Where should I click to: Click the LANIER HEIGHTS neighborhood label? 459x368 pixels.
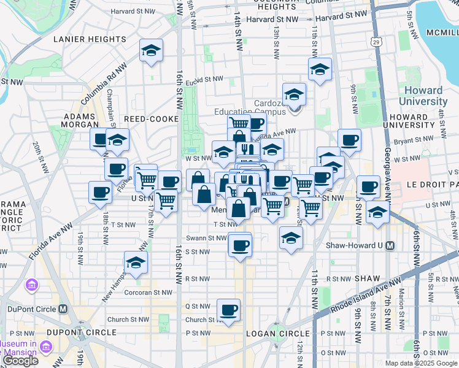tap(90, 39)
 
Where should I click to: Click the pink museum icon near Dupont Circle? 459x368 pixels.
tap(31, 285)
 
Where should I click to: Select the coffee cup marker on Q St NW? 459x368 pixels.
tap(229, 310)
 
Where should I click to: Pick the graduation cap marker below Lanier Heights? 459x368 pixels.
tap(150, 52)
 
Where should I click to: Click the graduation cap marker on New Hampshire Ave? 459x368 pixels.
tap(136, 263)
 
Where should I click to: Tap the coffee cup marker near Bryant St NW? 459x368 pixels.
tap(349, 140)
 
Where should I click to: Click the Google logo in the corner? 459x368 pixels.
tap(20, 361)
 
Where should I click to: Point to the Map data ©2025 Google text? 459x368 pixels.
tap(421, 363)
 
